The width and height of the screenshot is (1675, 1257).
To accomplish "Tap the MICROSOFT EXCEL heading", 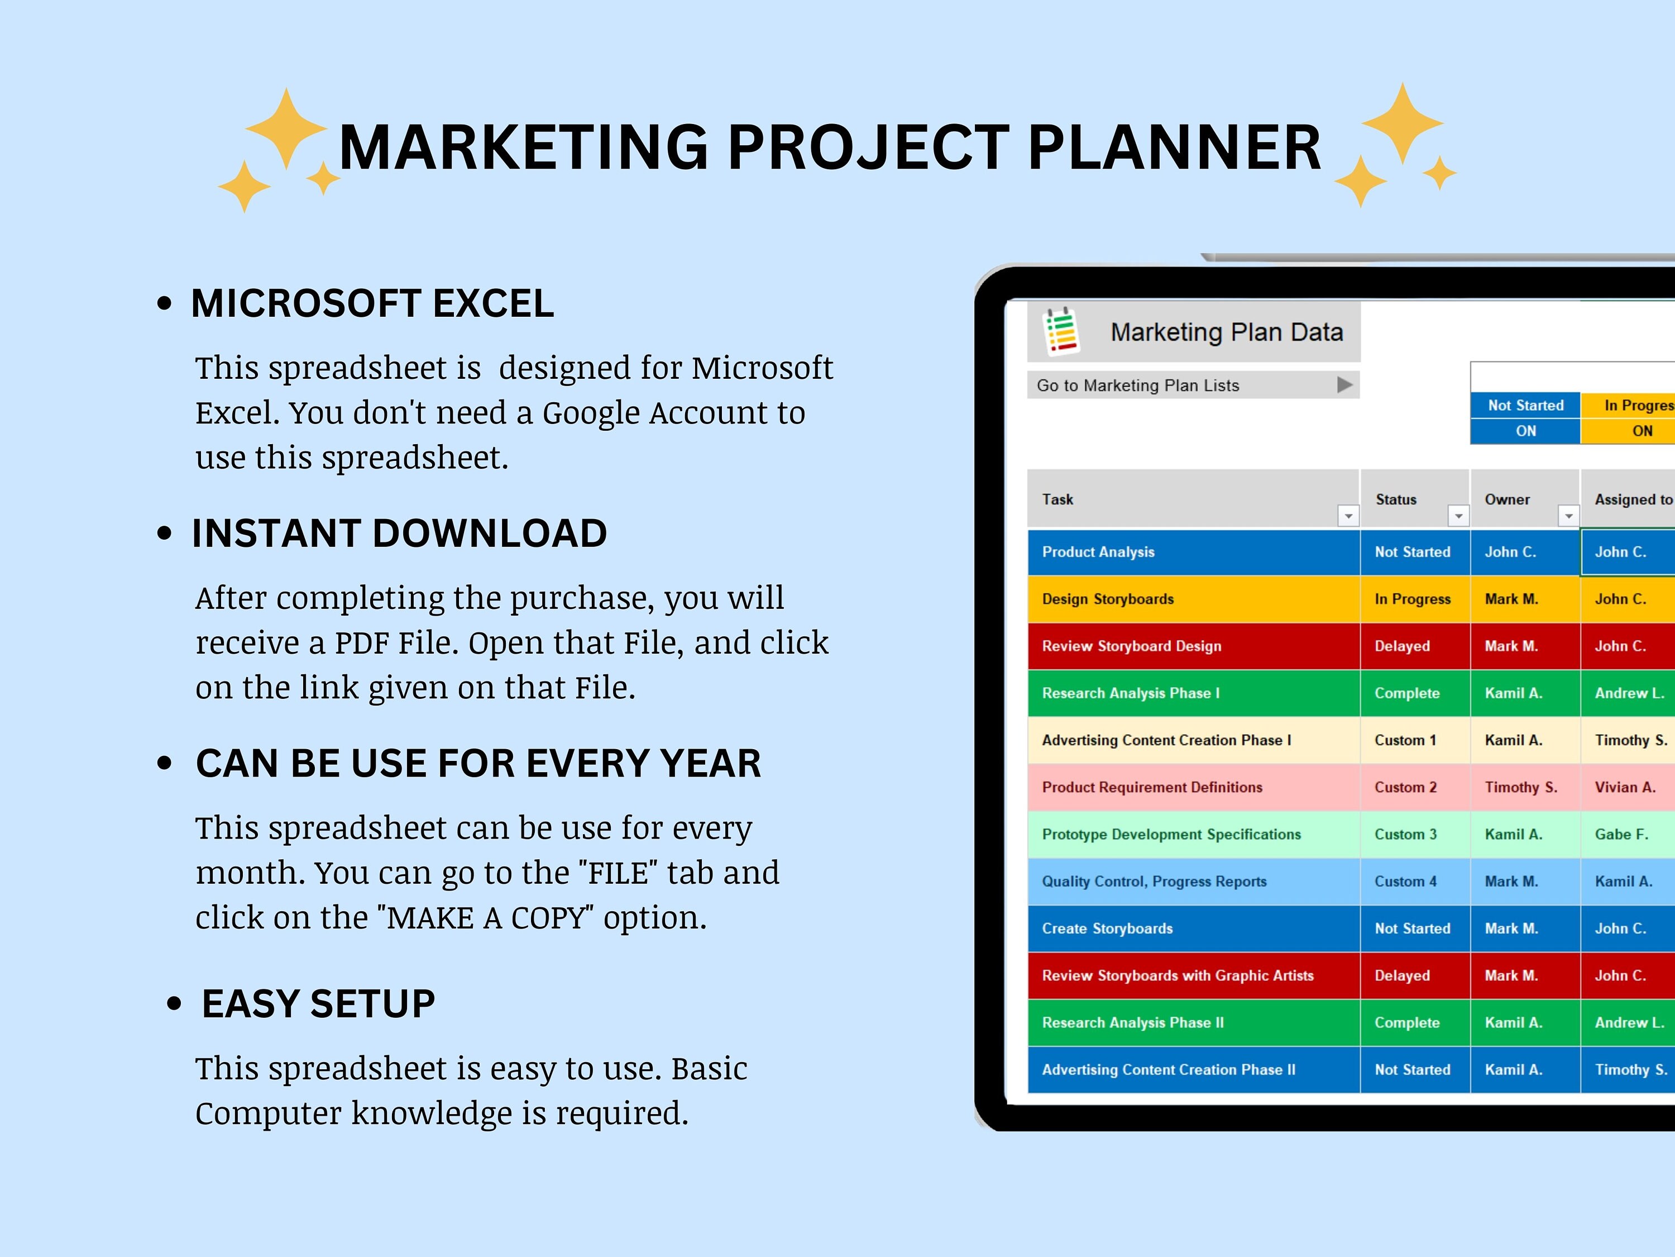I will point(372,303).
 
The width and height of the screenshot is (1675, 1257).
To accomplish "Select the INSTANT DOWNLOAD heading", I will point(399,534).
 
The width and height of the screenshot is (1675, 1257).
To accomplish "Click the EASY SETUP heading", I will point(318,1004).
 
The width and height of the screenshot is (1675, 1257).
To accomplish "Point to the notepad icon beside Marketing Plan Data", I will point(1061,331).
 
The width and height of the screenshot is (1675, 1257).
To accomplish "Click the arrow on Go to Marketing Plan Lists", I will point(1344,385).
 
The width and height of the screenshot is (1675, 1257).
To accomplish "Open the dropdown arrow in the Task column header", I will point(1348,516).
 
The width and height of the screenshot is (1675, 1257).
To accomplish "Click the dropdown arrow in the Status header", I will point(1458,516).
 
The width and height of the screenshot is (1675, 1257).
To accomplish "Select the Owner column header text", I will point(1507,499).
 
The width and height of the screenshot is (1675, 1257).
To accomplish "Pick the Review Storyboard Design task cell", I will point(1131,646).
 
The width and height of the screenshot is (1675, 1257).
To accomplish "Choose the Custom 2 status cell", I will point(1405,787).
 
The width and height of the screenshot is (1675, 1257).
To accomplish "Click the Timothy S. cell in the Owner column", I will point(1520,787).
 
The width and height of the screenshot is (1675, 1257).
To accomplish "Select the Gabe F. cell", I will point(1621,834).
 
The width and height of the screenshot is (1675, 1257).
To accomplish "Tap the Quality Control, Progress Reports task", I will point(1154,881).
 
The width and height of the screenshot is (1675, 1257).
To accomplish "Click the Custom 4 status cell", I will point(1405,881).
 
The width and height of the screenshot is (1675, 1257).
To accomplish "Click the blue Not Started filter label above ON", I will point(1525,406).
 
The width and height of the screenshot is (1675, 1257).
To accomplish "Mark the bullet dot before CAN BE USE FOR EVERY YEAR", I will point(164,763).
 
